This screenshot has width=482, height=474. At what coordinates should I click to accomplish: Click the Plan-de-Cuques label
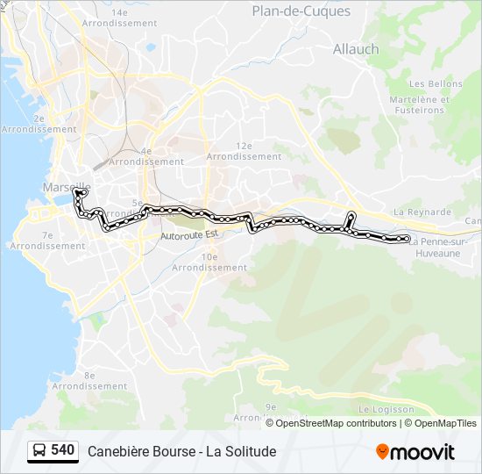(301, 11)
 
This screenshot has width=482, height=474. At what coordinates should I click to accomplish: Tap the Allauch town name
(356, 49)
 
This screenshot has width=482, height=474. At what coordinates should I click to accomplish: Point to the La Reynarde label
(422, 212)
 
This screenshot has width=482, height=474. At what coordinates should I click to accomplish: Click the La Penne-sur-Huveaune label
(440, 247)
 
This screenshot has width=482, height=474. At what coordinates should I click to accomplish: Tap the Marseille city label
(66, 187)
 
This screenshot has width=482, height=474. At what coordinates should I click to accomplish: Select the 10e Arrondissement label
(209, 262)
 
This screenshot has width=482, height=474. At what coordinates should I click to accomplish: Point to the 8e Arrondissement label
(89, 381)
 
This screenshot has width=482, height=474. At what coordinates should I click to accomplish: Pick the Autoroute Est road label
(189, 236)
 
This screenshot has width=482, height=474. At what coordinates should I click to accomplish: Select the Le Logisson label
(386, 410)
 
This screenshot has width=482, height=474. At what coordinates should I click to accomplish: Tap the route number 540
(63, 450)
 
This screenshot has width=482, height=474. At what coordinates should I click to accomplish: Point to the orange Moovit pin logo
(382, 452)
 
